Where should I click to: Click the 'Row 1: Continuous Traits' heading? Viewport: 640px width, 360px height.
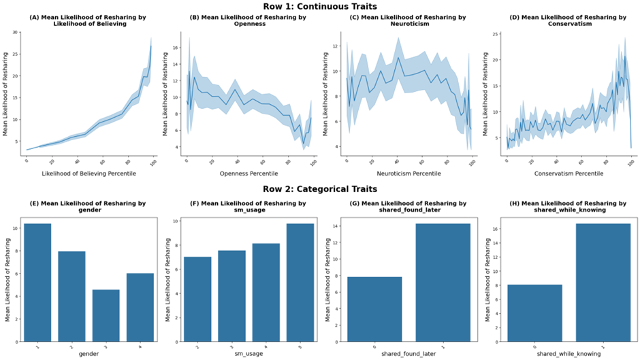tap(320, 7)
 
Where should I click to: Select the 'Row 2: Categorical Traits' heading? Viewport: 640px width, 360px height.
tap(320, 189)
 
